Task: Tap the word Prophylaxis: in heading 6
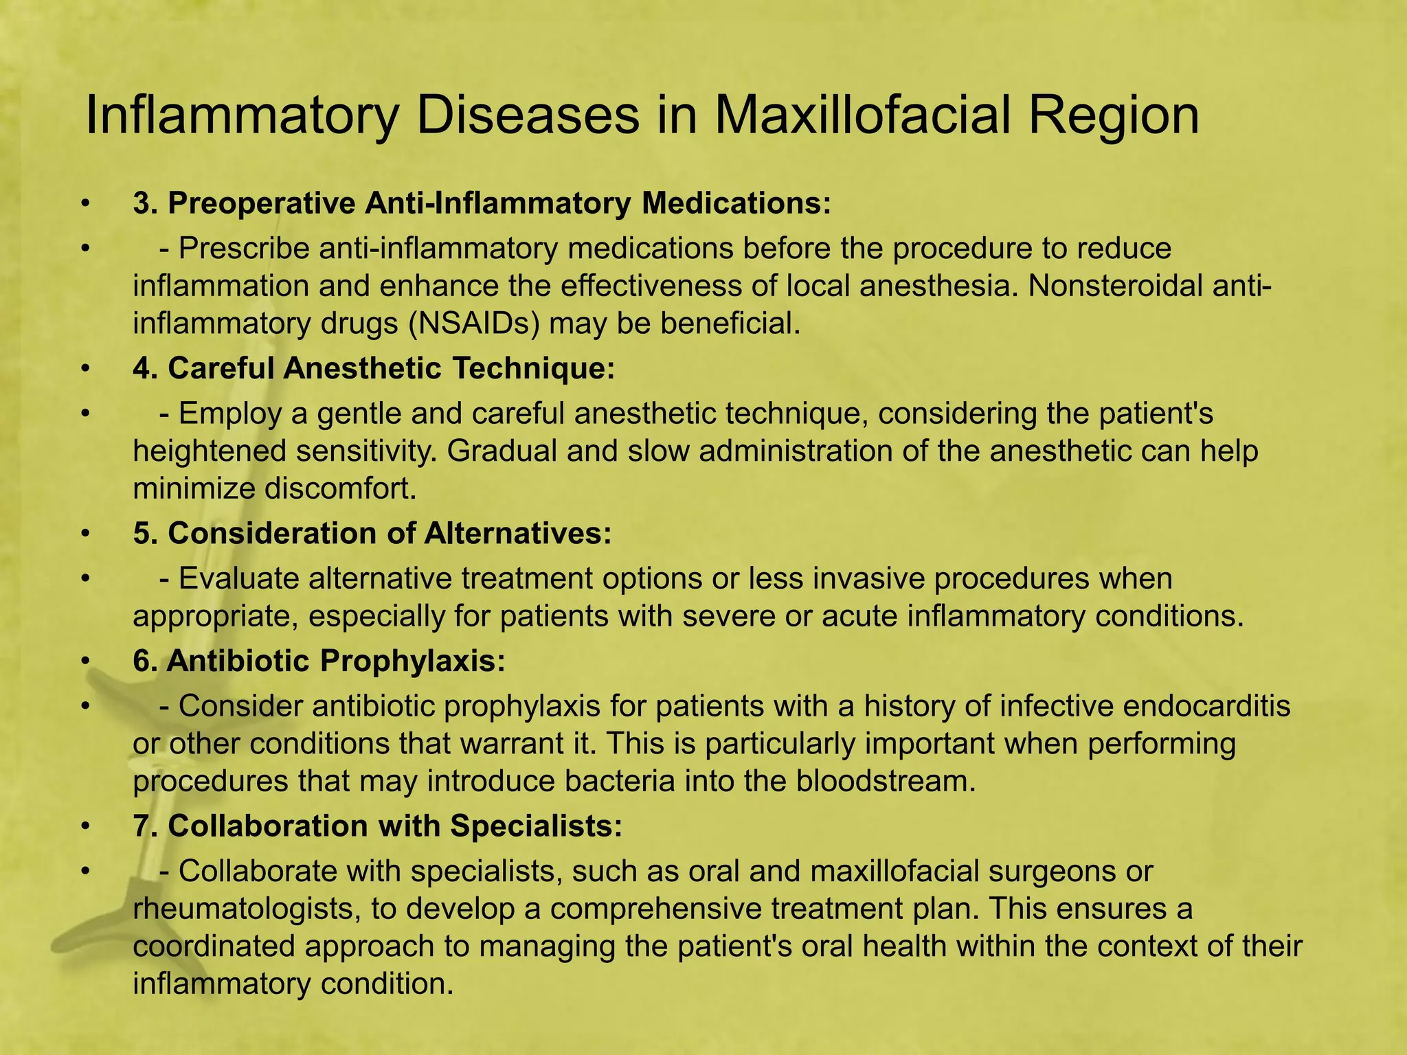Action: tap(412, 661)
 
